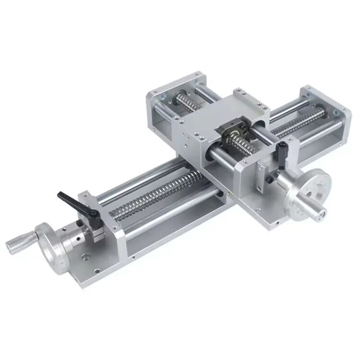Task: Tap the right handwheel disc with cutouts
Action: point(310,189)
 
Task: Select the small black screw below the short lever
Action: point(269,179)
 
